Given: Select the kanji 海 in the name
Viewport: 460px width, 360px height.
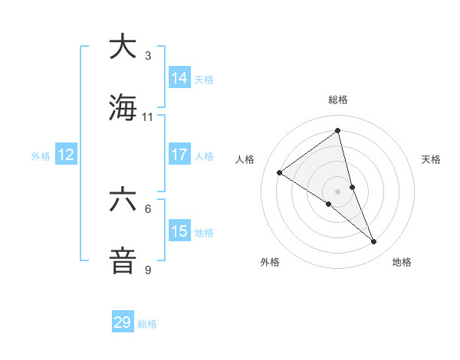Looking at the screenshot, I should (123, 107).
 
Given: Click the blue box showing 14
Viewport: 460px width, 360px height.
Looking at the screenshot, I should (179, 77).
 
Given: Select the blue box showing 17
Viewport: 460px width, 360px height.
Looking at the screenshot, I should (179, 155).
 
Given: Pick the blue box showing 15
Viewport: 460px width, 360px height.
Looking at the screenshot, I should (179, 231).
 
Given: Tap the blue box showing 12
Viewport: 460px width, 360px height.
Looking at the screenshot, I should (66, 155).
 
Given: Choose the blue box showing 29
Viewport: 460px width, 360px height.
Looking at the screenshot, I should (123, 322).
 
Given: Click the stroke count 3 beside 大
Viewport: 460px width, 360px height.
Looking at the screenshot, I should (148, 55).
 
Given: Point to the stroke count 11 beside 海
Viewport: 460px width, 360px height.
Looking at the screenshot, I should (148, 117).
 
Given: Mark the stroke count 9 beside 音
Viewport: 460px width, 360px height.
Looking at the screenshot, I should (148, 270).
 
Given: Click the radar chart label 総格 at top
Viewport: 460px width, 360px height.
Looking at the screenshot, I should (338, 100).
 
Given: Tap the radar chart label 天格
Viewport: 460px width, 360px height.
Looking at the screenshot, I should (432, 159).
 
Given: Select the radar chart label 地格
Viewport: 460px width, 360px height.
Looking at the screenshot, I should (402, 262).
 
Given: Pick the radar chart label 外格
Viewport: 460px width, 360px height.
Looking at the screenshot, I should (270, 262).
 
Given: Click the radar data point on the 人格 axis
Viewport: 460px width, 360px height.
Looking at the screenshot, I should (280, 172).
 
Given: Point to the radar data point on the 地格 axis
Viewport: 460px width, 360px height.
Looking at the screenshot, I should (374, 241).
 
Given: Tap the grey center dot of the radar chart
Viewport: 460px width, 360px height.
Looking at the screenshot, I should (338, 191).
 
